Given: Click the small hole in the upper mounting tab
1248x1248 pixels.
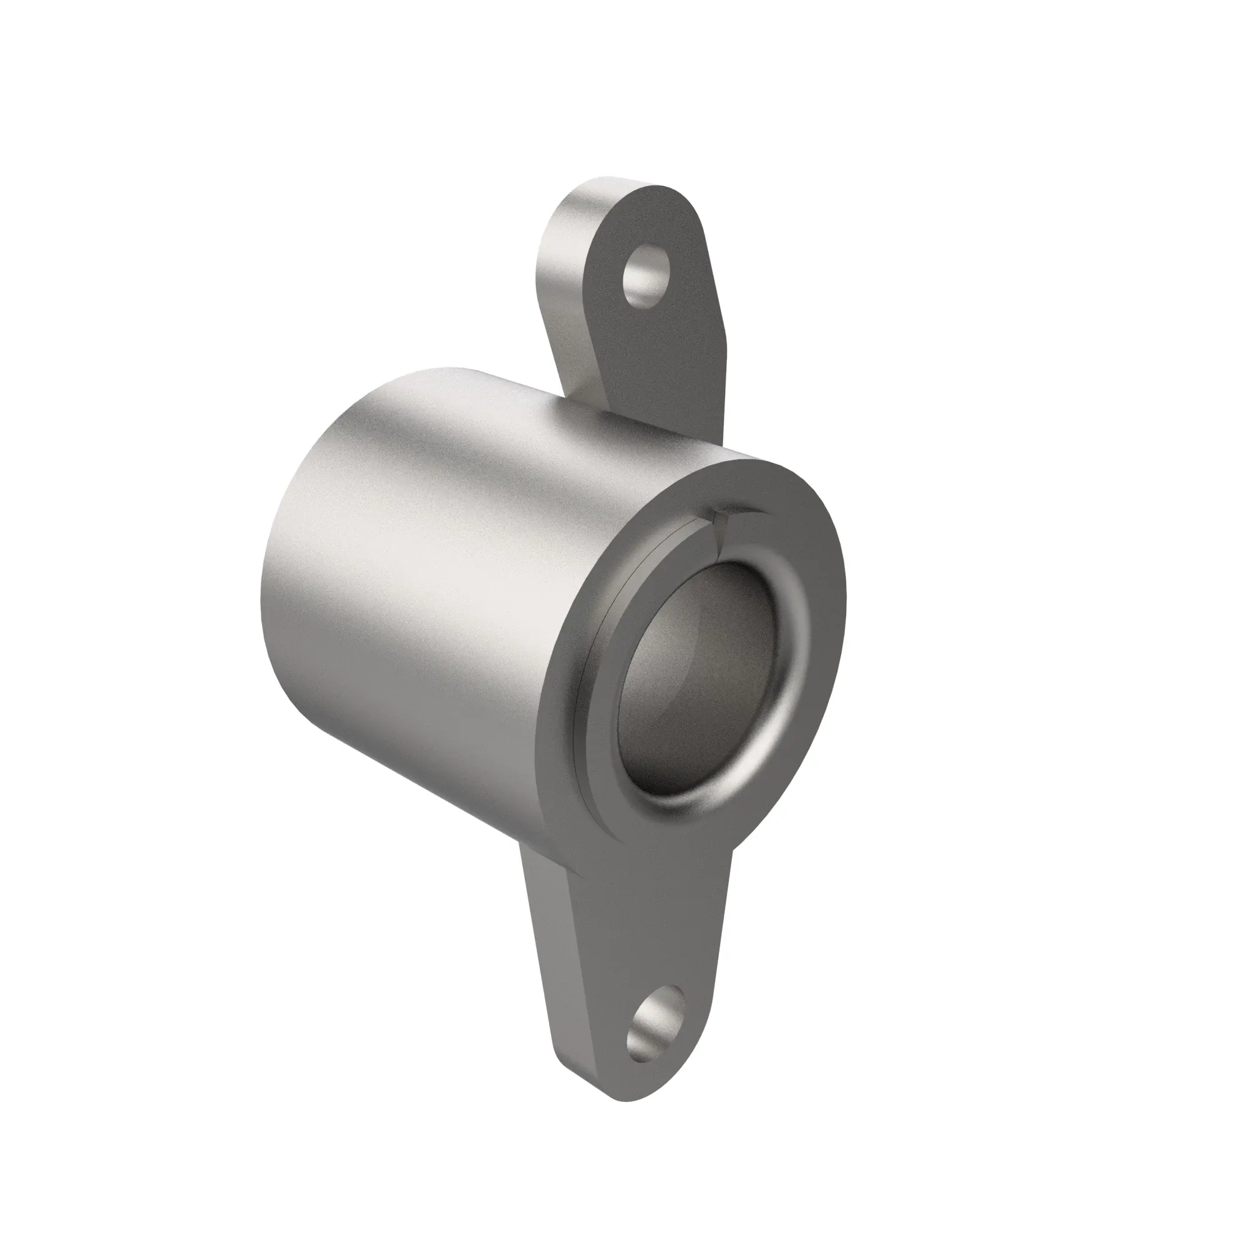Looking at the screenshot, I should coord(644,276).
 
